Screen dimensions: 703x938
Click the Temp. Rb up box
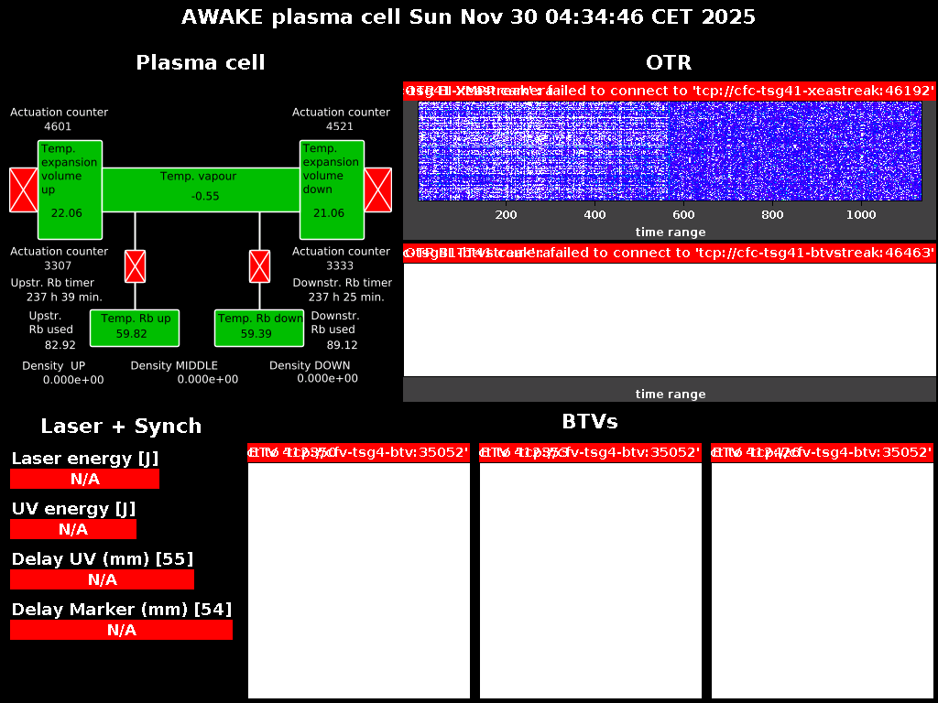tap(135, 328)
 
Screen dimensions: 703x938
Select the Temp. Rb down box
tap(259, 328)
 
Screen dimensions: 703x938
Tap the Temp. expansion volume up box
tap(70, 190)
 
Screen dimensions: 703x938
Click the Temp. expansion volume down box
tap(332, 190)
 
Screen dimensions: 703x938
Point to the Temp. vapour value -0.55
tap(205, 196)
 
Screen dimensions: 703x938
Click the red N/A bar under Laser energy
tap(84, 479)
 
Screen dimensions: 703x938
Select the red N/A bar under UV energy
tap(73, 529)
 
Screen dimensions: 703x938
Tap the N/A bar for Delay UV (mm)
tap(102, 579)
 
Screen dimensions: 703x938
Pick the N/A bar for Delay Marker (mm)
tap(121, 630)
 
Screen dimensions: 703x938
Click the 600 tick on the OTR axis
tap(683, 214)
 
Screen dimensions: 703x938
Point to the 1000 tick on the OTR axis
tap(861, 214)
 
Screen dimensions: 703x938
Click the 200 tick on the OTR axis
tap(506, 214)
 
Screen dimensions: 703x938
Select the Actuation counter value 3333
tap(340, 265)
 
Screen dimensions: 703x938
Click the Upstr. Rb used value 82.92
tap(60, 345)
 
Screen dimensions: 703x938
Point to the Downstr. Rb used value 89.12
tap(343, 345)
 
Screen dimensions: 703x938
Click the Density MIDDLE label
tap(174, 365)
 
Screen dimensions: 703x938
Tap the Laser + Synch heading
tap(121, 426)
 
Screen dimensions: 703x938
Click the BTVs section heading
tap(590, 421)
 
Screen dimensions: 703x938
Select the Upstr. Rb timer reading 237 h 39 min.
tap(64, 297)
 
